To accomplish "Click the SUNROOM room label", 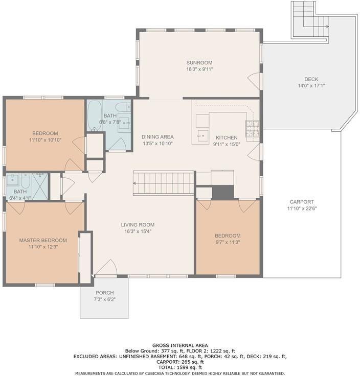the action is [199, 63].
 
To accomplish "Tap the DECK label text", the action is [311, 79].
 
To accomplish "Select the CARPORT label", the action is [302, 202].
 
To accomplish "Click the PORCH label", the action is [105, 293].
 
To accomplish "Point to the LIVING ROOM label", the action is [138, 225].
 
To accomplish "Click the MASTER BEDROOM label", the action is [43, 240].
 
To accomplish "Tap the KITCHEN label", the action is [227, 137].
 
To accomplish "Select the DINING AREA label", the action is [157, 137].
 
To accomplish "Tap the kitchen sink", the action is [203, 136].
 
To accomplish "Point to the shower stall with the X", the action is [40, 186].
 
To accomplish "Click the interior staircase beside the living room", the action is [164, 183].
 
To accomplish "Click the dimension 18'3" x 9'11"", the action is [199, 69].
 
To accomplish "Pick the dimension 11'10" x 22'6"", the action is [302, 208].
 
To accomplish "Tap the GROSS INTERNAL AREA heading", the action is [180, 345].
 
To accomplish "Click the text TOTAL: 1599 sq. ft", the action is [180, 367].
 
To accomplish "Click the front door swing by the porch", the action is [106, 267].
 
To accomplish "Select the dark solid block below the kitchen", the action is [223, 192].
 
